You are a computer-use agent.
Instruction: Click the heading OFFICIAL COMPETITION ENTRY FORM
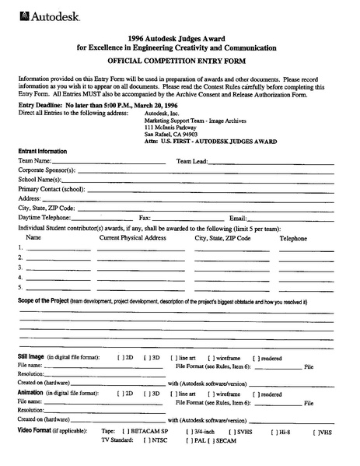[180, 60]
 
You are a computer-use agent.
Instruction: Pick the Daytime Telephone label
[44, 218]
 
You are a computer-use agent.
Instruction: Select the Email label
[237, 218]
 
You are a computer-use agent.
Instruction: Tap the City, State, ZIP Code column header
[222, 238]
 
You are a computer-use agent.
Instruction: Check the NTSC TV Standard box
[145, 440]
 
